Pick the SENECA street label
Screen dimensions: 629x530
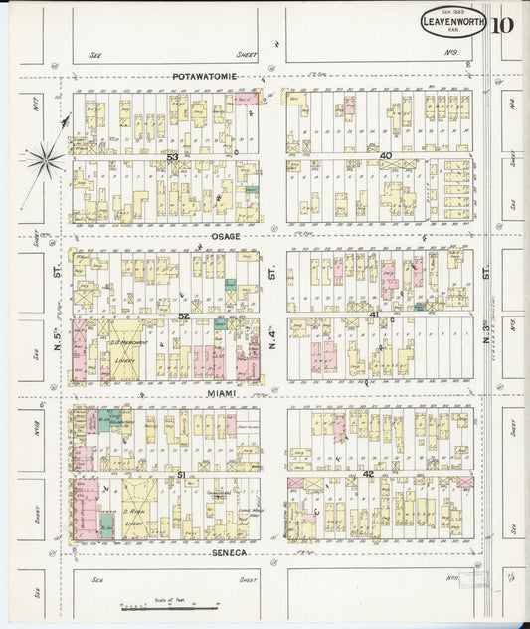[230, 550]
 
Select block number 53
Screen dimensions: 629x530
[172, 156]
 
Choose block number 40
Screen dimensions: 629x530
[385, 156]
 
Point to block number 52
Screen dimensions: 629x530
[184, 315]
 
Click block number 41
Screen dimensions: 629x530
[374, 314]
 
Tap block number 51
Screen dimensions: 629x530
[181, 475]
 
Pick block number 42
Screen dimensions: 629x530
[368, 475]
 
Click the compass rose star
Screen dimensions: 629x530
[45, 157]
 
